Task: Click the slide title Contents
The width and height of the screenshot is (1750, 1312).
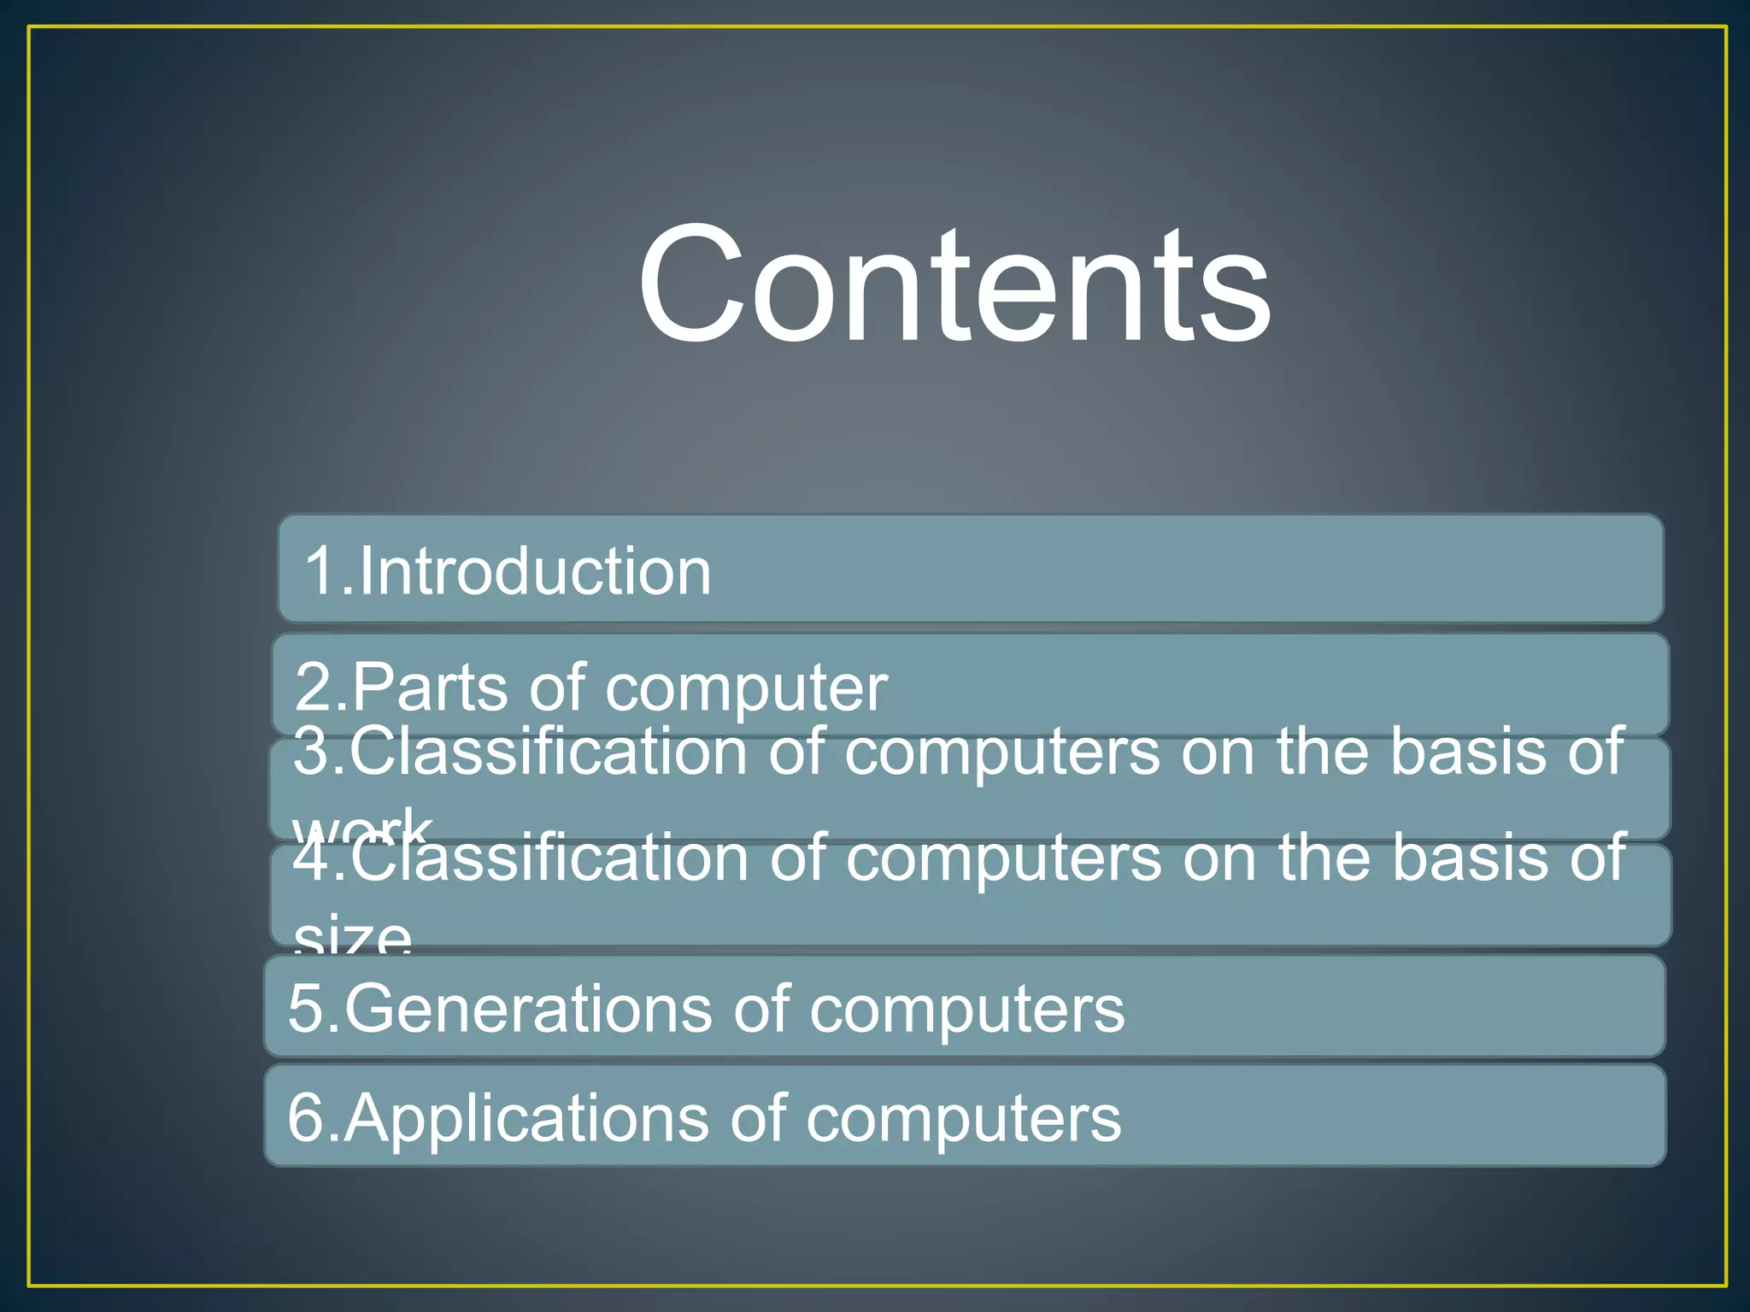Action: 954,284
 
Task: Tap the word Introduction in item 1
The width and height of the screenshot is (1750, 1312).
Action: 534,571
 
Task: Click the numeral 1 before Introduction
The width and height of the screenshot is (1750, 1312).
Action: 322,571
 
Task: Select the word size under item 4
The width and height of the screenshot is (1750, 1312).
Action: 352,937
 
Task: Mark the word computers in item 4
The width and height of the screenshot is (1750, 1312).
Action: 1003,859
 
